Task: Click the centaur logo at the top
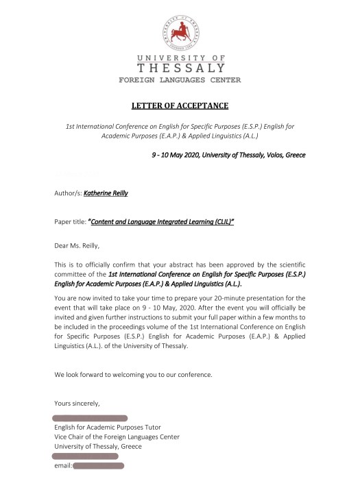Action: pyautogui.click(x=180, y=27)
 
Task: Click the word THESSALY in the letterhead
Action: pyautogui.click(x=180, y=68)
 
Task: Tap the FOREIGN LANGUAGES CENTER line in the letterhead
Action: pyautogui.click(x=180, y=81)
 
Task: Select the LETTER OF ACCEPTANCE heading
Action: pyautogui.click(x=180, y=106)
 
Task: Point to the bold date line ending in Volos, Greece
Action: pyautogui.click(x=228, y=155)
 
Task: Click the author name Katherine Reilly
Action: pyautogui.click(x=106, y=193)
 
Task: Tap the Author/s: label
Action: pyautogui.click(x=67, y=193)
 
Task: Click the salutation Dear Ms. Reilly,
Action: pyautogui.click(x=81, y=244)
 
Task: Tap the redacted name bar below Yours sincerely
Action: pyautogui.click(x=91, y=417)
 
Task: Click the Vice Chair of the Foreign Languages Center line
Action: pyautogui.click(x=117, y=437)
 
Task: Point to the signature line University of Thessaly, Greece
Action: pyautogui.click(x=98, y=446)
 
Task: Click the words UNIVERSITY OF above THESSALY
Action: pyautogui.click(x=180, y=58)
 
